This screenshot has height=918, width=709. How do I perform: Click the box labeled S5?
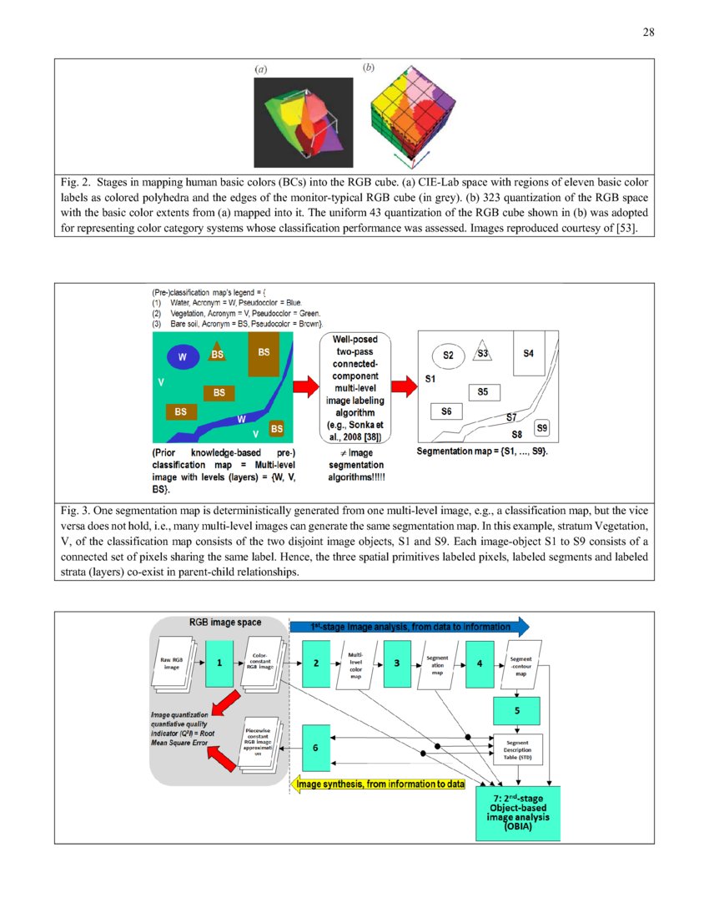484,391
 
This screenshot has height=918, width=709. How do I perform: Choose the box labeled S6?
447,411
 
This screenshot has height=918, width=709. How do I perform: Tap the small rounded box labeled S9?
542,428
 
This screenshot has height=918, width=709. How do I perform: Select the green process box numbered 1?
219,662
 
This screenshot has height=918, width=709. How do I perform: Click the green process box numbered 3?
397,662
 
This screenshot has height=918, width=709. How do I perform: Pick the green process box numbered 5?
517,711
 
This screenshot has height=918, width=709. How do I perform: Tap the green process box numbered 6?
314,749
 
